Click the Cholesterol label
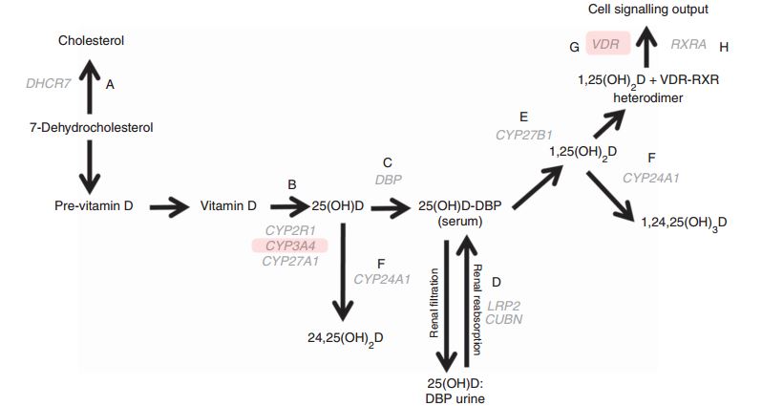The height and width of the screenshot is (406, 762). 91,41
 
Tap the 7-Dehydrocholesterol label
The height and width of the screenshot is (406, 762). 91,127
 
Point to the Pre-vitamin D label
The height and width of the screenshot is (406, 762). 94,205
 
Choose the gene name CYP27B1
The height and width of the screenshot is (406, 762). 523,136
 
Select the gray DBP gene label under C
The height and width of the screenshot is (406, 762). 387,179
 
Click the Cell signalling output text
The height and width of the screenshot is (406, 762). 648,10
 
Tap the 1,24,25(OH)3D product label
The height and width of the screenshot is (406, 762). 684,223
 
